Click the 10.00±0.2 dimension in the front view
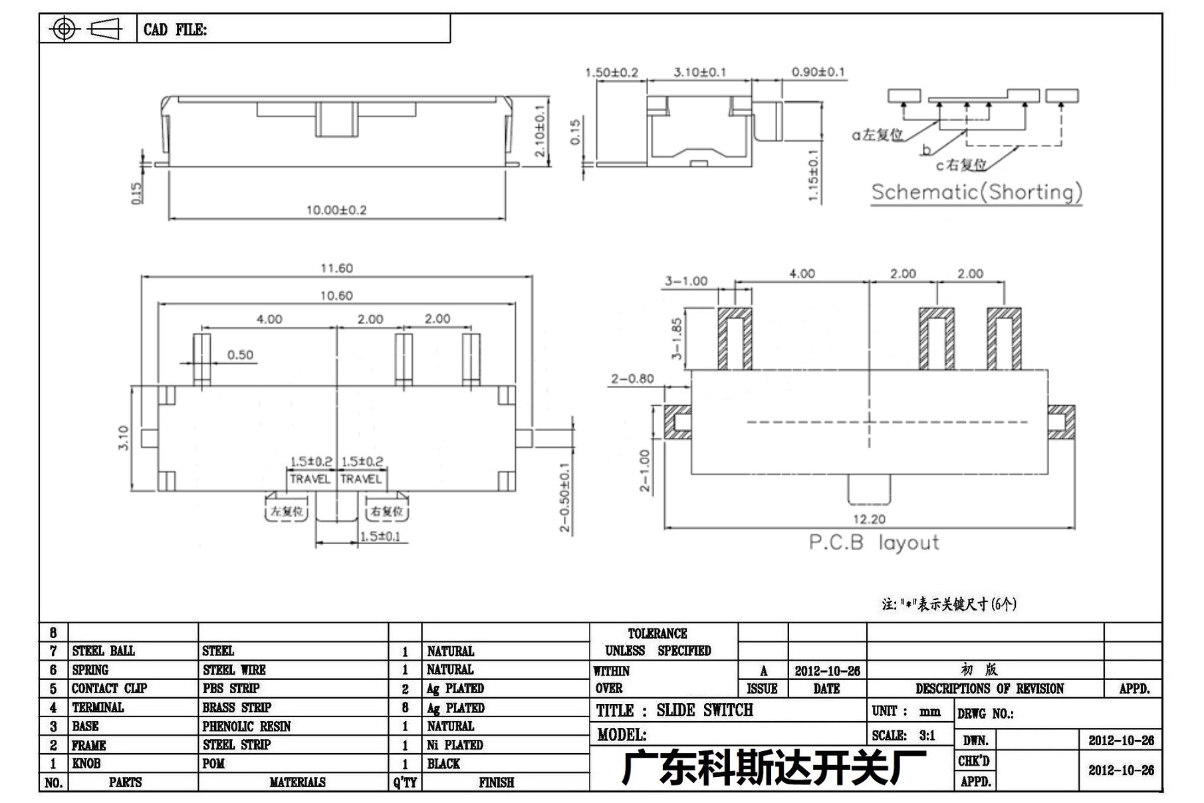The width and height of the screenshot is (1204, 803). (336, 210)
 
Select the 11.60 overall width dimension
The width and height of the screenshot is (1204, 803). (336, 268)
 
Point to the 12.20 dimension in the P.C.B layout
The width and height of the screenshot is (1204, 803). (869, 519)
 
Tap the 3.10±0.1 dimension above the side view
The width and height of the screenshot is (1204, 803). (699, 72)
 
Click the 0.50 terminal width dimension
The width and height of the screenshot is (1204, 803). (240, 355)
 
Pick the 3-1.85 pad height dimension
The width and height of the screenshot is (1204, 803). (676, 339)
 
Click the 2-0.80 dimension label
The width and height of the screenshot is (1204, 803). (632, 379)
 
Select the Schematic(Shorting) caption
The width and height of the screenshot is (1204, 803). (977, 192)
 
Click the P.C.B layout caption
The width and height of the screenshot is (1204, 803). (874, 543)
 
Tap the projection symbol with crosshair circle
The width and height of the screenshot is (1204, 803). (64, 29)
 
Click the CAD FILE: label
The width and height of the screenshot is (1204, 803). (175, 30)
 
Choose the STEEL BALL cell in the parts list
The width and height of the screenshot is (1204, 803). (103, 651)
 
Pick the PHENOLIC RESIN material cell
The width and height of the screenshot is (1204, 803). (247, 726)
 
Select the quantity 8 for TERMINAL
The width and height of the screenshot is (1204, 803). (405, 708)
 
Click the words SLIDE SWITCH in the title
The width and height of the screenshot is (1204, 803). (705, 711)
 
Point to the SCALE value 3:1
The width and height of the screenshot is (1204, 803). (927, 735)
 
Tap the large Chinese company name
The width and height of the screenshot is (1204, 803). (774, 768)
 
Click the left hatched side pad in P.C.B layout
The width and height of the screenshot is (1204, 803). (677, 422)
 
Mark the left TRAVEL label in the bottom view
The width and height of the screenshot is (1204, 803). (310, 479)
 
